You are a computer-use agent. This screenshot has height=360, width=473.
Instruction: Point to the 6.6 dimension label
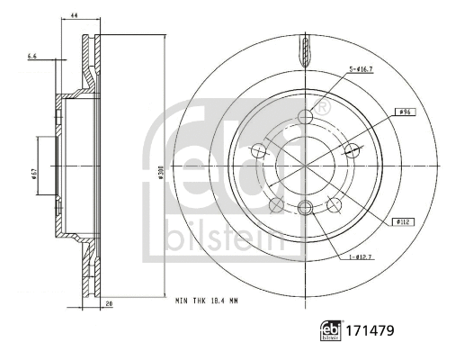click(x=33, y=57)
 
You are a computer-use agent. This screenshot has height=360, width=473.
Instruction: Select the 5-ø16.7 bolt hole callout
click(x=362, y=69)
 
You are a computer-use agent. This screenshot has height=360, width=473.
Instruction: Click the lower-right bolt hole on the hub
click(x=335, y=203)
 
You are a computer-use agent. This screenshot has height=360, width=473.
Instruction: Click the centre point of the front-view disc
click(x=305, y=164)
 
